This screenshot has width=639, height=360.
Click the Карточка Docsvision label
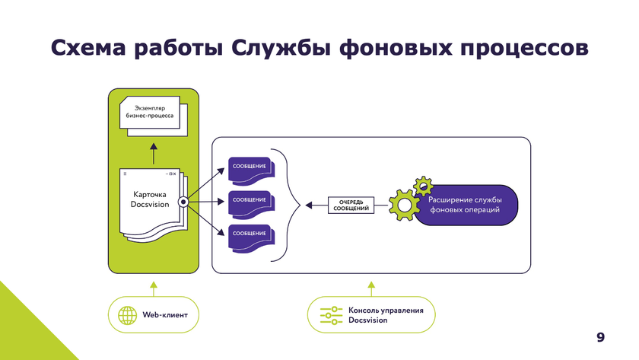point(150,199)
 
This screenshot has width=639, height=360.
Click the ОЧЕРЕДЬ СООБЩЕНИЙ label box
point(352,204)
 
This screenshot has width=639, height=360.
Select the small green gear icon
point(422,185)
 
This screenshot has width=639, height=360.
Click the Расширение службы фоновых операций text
point(465,204)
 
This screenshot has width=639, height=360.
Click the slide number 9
point(601,337)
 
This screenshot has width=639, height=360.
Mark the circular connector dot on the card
point(183,202)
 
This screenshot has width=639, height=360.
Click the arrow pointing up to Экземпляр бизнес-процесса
point(152,152)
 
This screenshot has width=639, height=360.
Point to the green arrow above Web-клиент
point(153,288)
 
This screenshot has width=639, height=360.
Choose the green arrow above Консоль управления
point(371,288)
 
